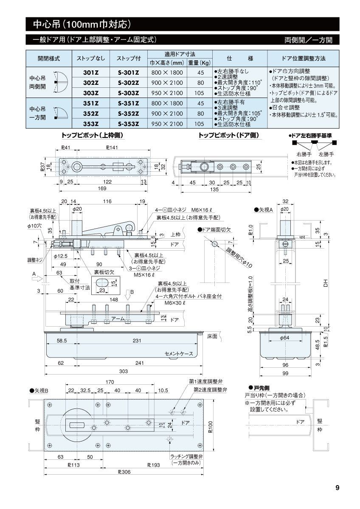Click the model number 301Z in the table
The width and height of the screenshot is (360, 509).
tap(91, 72)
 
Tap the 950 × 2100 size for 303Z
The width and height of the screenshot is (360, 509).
tap(167, 93)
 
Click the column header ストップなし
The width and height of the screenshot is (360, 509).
tap(91, 58)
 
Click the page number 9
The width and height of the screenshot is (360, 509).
tap(337, 488)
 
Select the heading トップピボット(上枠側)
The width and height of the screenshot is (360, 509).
tap(93, 135)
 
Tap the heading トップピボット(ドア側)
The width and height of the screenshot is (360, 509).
tap(228, 135)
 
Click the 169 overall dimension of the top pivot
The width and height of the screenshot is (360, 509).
tap(102, 188)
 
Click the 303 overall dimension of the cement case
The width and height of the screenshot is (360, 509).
tap(123, 371)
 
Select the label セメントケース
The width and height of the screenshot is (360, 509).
tap(179, 354)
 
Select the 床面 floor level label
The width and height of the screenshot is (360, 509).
tap(212, 336)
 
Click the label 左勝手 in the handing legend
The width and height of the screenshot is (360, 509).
tap(326, 154)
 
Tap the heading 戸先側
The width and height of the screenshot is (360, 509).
tap(260, 388)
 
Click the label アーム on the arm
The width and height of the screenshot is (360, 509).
tap(118, 318)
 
